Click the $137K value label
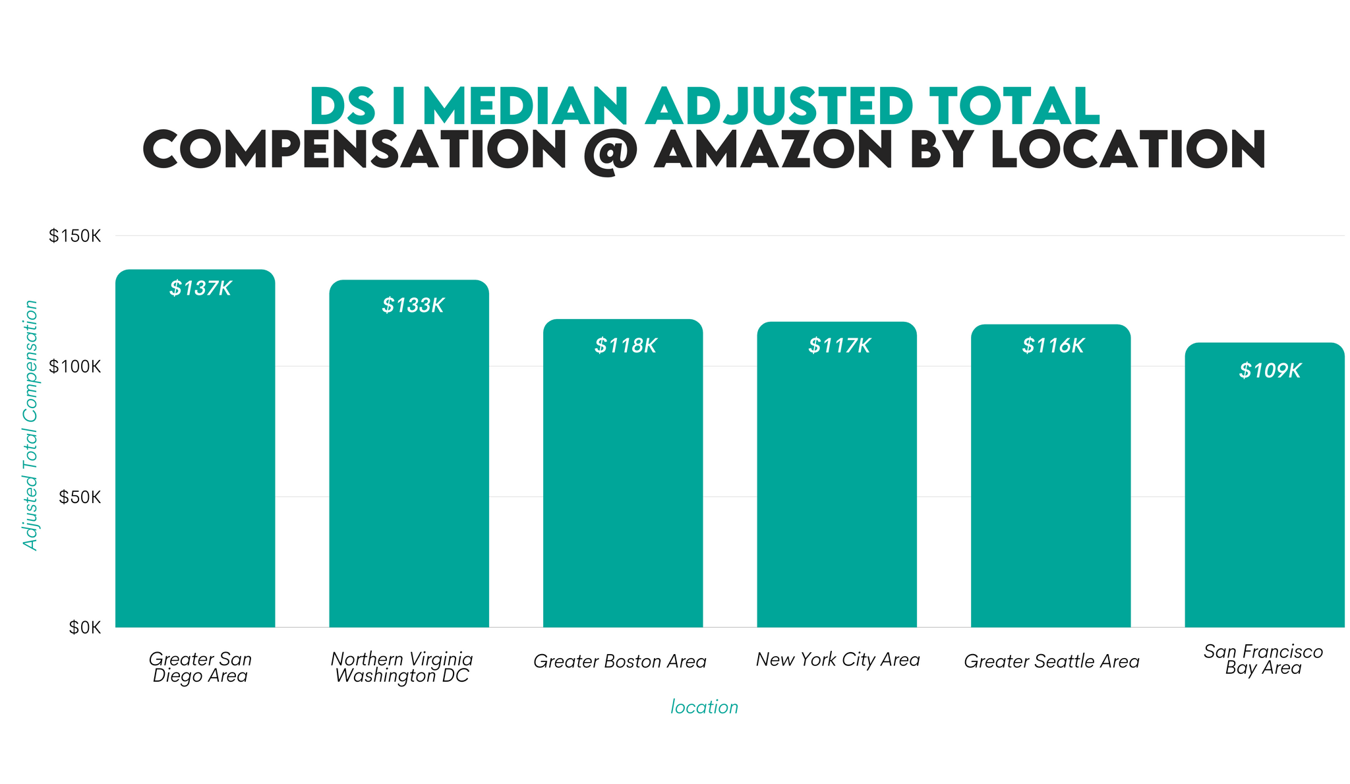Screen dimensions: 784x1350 click(200, 288)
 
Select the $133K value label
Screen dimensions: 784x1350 click(413, 305)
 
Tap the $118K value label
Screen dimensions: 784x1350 click(626, 346)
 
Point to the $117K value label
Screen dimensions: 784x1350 click(839, 346)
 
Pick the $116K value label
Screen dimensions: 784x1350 click(1053, 346)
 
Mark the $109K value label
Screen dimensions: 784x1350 click(1270, 371)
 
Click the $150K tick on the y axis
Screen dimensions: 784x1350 click(74, 236)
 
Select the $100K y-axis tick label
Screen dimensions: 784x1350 click(74, 367)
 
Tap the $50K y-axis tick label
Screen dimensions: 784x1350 click(79, 497)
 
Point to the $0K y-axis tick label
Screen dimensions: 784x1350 click(84, 628)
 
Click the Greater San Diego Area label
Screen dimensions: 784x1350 click(200, 667)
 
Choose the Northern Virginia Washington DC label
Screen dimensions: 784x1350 click(401, 667)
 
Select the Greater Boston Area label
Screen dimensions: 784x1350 click(620, 661)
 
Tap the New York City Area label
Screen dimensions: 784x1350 click(837, 659)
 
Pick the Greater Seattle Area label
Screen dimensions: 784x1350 click(1051, 661)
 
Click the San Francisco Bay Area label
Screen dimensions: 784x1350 click(1263, 659)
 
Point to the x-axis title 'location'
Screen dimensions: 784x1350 click(704, 707)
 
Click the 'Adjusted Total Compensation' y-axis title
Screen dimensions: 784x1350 click(30, 425)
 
